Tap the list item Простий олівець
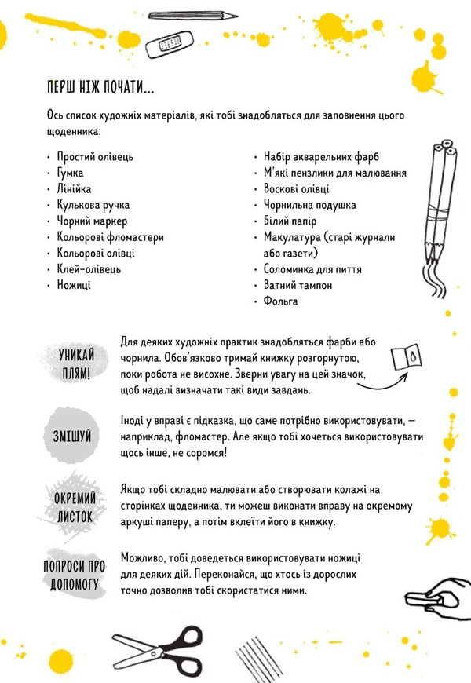tap(95, 156)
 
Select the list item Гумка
tap(71, 173)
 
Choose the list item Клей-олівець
tap(89, 269)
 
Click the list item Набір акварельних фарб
tap(319, 156)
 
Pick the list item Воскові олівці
tap(297, 188)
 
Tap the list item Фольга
tap(281, 301)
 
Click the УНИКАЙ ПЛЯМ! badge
tap(75, 363)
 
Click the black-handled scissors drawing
tap(157, 645)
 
